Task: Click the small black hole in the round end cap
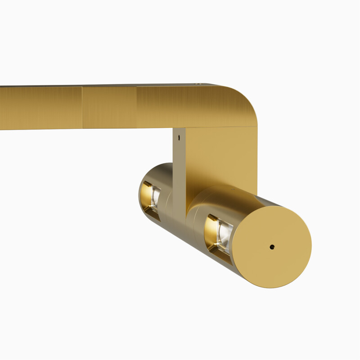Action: tap(272, 247)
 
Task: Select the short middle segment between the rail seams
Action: tap(109, 108)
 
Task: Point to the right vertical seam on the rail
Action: tap(136, 107)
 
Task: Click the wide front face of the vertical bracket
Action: tap(220, 157)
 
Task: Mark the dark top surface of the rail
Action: tap(135, 85)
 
